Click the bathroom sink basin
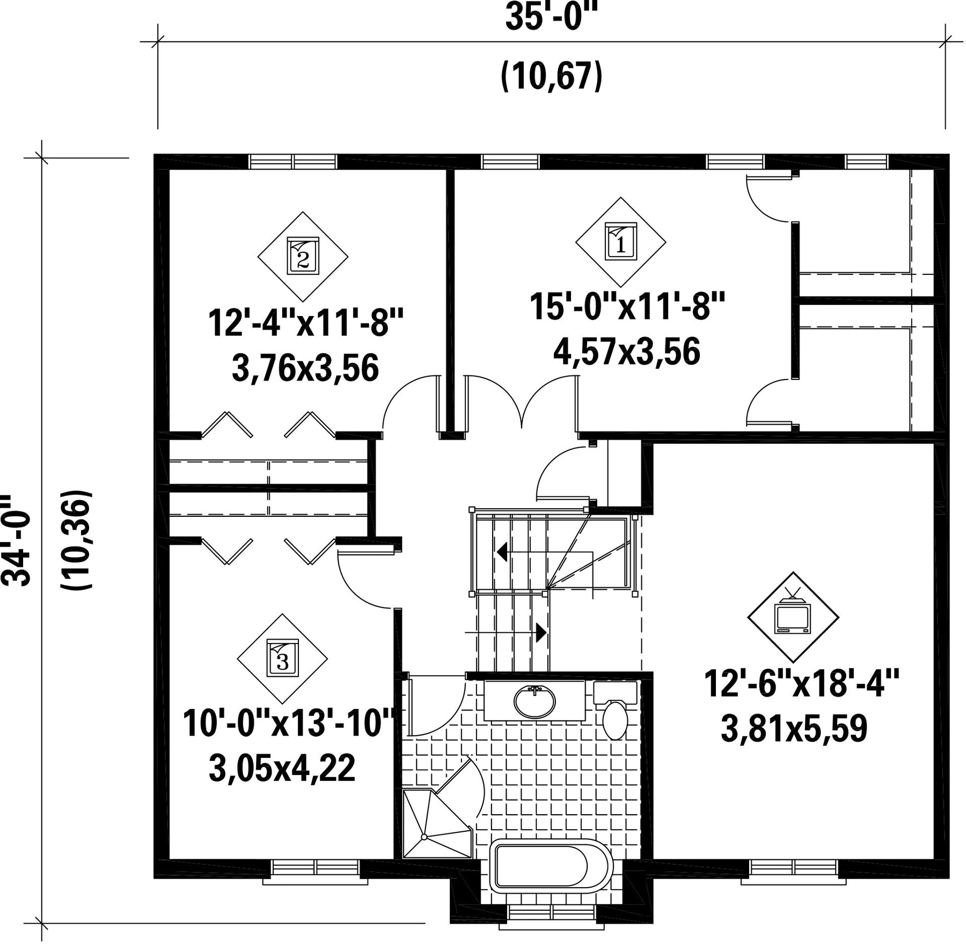pos(535,701)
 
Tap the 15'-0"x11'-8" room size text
pos(627,306)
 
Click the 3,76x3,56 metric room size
pos(305,368)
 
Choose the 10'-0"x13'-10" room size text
pos(290,723)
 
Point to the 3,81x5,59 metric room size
pos(794,728)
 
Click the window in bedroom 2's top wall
pos(293,162)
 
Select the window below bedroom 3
pos(315,871)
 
